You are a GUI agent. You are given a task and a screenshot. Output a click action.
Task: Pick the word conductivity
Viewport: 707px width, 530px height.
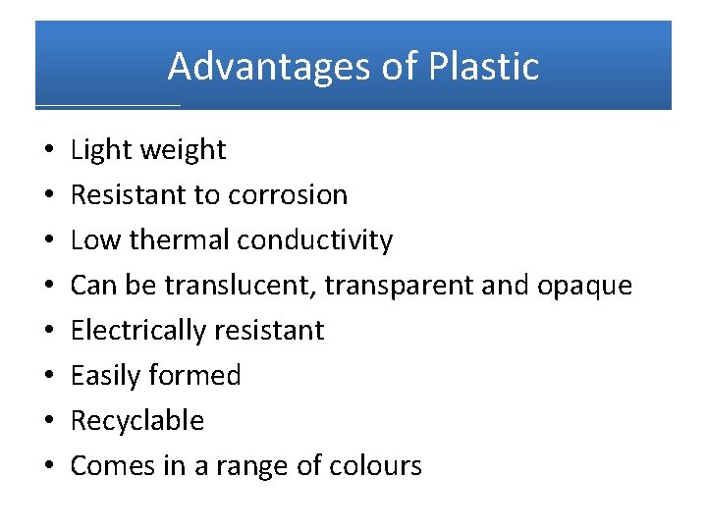(x=315, y=240)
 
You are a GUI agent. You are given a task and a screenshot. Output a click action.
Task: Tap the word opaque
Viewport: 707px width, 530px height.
(x=585, y=287)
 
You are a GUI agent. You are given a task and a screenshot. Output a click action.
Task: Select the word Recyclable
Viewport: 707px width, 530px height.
(x=137, y=421)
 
